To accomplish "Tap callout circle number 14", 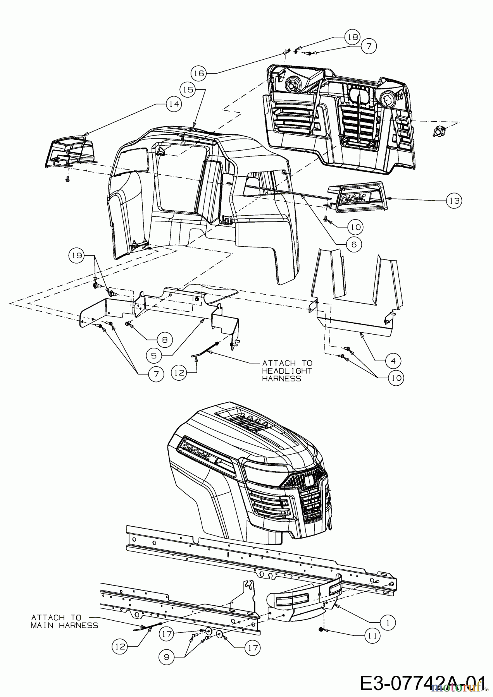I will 174,104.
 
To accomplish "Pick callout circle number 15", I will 188,89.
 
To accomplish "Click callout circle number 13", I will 454,201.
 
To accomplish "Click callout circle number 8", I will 164,340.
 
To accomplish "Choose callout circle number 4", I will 393,361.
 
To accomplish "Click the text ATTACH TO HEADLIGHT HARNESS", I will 287,371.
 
